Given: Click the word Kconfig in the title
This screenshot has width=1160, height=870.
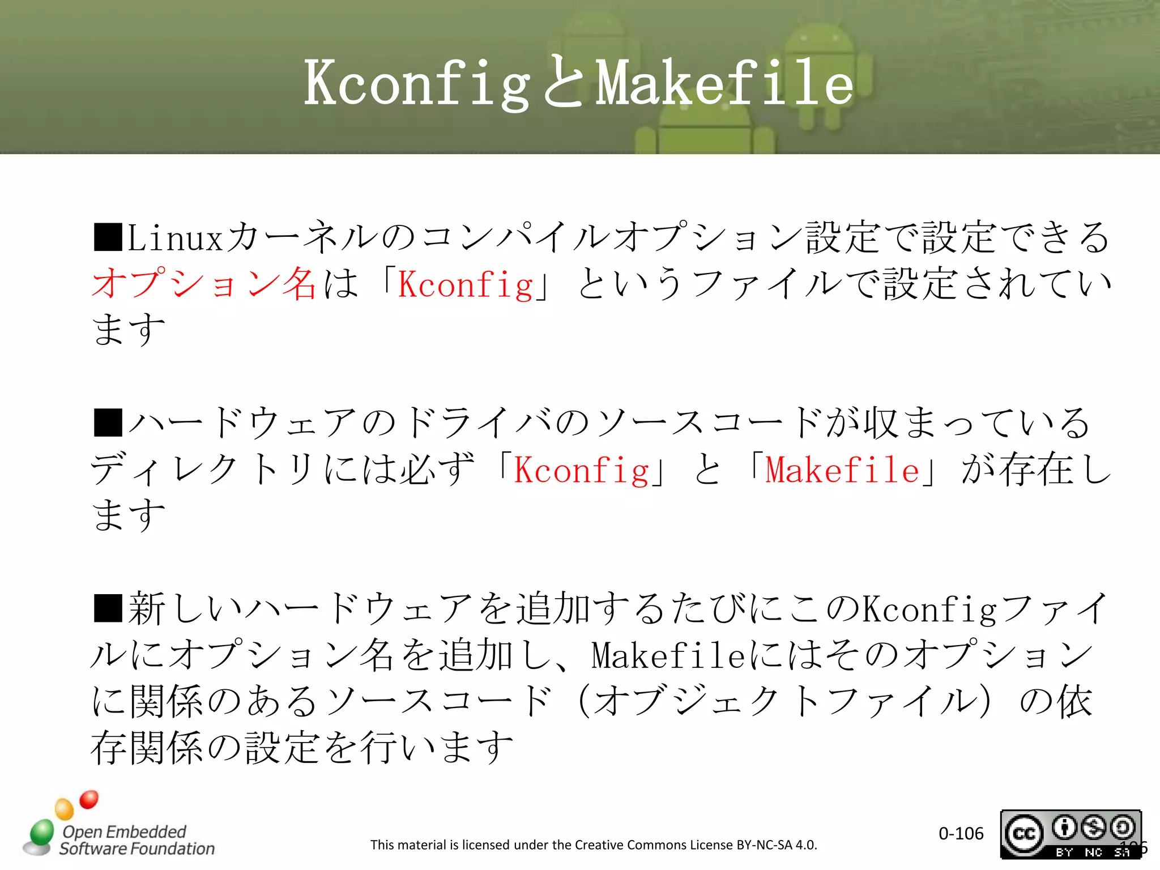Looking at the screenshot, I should [x=416, y=84].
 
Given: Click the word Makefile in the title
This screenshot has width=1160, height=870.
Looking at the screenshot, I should [x=724, y=84].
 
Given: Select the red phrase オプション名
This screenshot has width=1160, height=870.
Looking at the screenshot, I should [x=204, y=283].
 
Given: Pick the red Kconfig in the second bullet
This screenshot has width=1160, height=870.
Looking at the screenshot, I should [x=581, y=470].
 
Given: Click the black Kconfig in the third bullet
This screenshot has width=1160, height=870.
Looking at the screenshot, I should [x=929, y=609].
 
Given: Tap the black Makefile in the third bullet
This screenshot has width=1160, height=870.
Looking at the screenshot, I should [x=668, y=656].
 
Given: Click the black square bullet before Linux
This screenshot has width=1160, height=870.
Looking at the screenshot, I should [x=108, y=237].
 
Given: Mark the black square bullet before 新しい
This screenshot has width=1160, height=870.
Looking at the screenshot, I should [x=108, y=608].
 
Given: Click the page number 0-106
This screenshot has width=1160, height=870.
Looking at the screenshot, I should [x=961, y=833].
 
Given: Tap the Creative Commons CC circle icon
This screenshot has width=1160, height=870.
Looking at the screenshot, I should [x=1023, y=834].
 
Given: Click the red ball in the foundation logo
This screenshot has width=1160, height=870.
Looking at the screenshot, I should [x=89, y=799].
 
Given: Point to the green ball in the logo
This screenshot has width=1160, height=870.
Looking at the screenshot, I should [x=42, y=831].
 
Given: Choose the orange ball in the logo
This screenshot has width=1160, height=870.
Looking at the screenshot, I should [x=64, y=808].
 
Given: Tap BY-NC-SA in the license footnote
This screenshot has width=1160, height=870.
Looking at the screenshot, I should [x=764, y=845].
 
